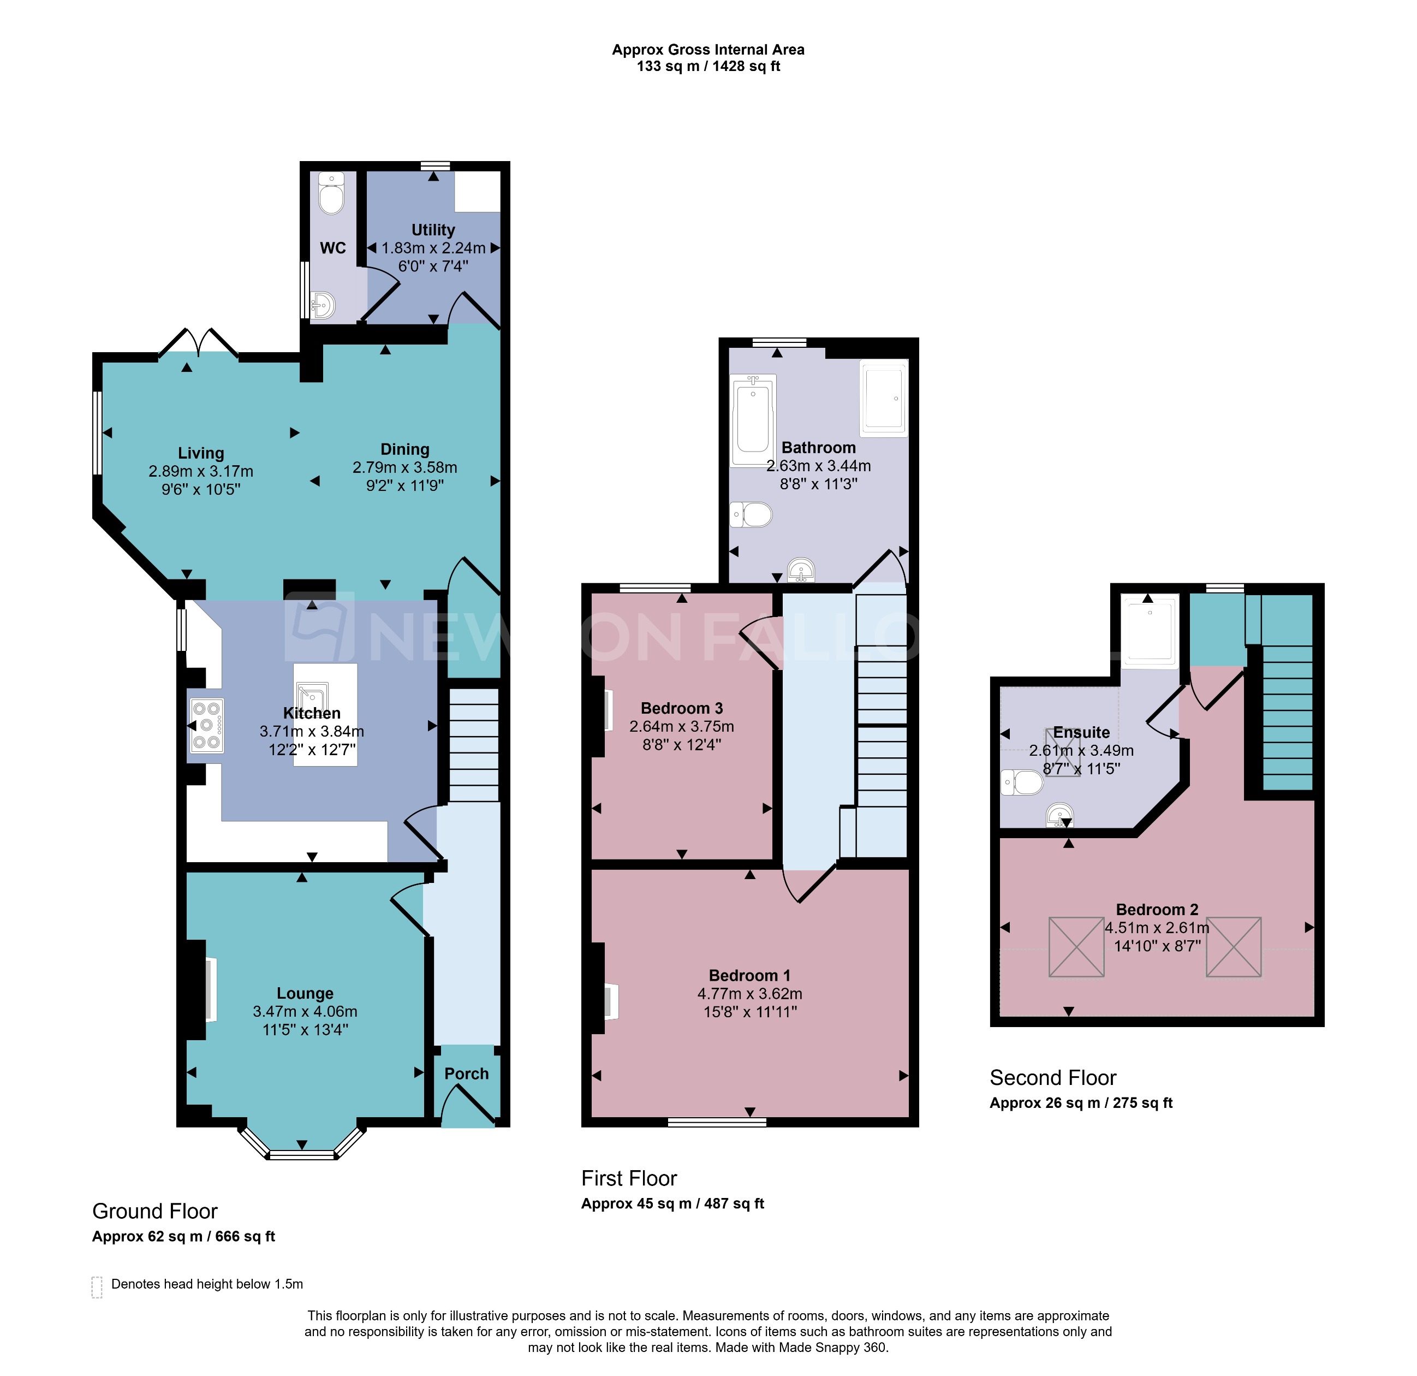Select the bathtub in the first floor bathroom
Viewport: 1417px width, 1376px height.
pyautogui.click(x=753, y=419)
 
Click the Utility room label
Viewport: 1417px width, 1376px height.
pyautogui.click(x=433, y=230)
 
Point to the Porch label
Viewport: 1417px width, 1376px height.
pyautogui.click(x=466, y=1073)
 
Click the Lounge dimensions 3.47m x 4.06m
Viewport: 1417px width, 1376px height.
pyautogui.click(x=305, y=1012)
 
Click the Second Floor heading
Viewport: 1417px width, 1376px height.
pyautogui.click(x=1052, y=1078)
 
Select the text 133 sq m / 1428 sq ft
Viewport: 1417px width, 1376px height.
pyautogui.click(x=708, y=67)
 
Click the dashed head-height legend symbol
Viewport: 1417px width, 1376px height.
pyautogui.click(x=97, y=1288)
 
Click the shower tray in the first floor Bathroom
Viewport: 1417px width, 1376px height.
pyautogui.click(x=884, y=399)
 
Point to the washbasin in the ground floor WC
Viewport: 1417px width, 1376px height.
pyautogui.click(x=323, y=306)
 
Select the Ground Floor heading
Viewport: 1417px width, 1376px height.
pyautogui.click(x=154, y=1211)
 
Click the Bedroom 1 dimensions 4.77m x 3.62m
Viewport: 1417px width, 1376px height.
pyautogui.click(x=749, y=993)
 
